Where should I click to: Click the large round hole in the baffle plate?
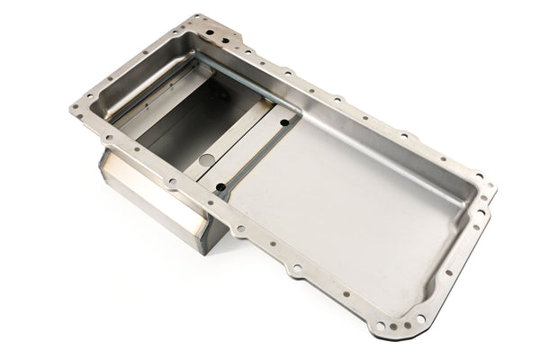207,160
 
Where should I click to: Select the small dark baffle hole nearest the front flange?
220,186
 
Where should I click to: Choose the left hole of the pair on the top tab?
209,30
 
